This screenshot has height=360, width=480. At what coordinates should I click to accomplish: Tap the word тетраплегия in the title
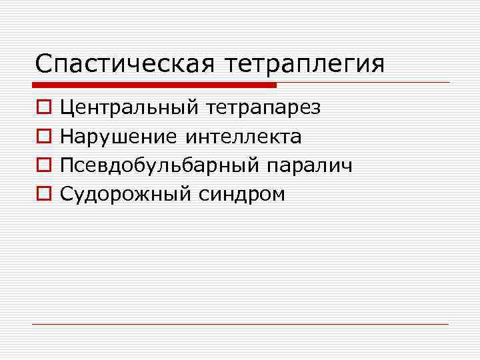[305, 65]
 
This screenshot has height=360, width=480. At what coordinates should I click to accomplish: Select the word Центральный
[130, 108]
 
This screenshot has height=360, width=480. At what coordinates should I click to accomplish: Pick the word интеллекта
[243, 137]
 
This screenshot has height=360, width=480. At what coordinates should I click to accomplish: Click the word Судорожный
[125, 194]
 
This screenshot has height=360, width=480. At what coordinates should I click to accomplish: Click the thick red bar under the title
[154, 85]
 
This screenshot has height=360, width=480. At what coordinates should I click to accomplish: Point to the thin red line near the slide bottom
[240, 324]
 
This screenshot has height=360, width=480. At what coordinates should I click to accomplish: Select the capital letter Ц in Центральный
[67, 107]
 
